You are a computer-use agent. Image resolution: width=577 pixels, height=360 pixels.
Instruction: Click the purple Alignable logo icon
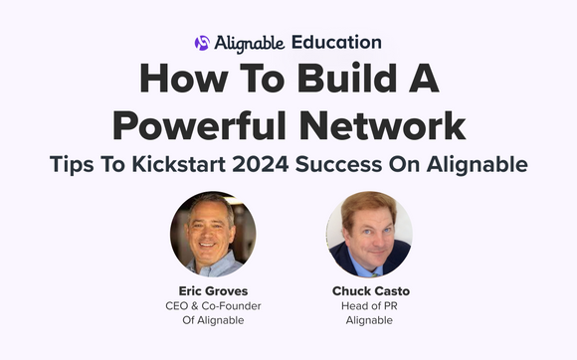[203, 43]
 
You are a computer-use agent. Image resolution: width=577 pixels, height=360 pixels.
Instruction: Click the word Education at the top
[336, 43]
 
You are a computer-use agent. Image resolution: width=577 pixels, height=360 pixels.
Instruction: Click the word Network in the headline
[380, 126]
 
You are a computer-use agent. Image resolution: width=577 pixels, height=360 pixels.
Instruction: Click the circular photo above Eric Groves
[212, 233]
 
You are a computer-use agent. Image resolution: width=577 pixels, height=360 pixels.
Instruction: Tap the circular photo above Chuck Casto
[369, 233]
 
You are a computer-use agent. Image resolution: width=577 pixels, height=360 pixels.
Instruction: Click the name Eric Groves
[212, 290]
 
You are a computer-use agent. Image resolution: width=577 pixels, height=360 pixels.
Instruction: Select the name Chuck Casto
[370, 291]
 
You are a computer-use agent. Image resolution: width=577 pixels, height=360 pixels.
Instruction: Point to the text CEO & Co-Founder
[212, 305]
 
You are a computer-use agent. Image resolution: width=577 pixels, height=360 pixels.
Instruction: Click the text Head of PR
[369, 306]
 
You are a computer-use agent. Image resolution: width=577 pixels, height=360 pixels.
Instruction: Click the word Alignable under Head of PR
[369, 320]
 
